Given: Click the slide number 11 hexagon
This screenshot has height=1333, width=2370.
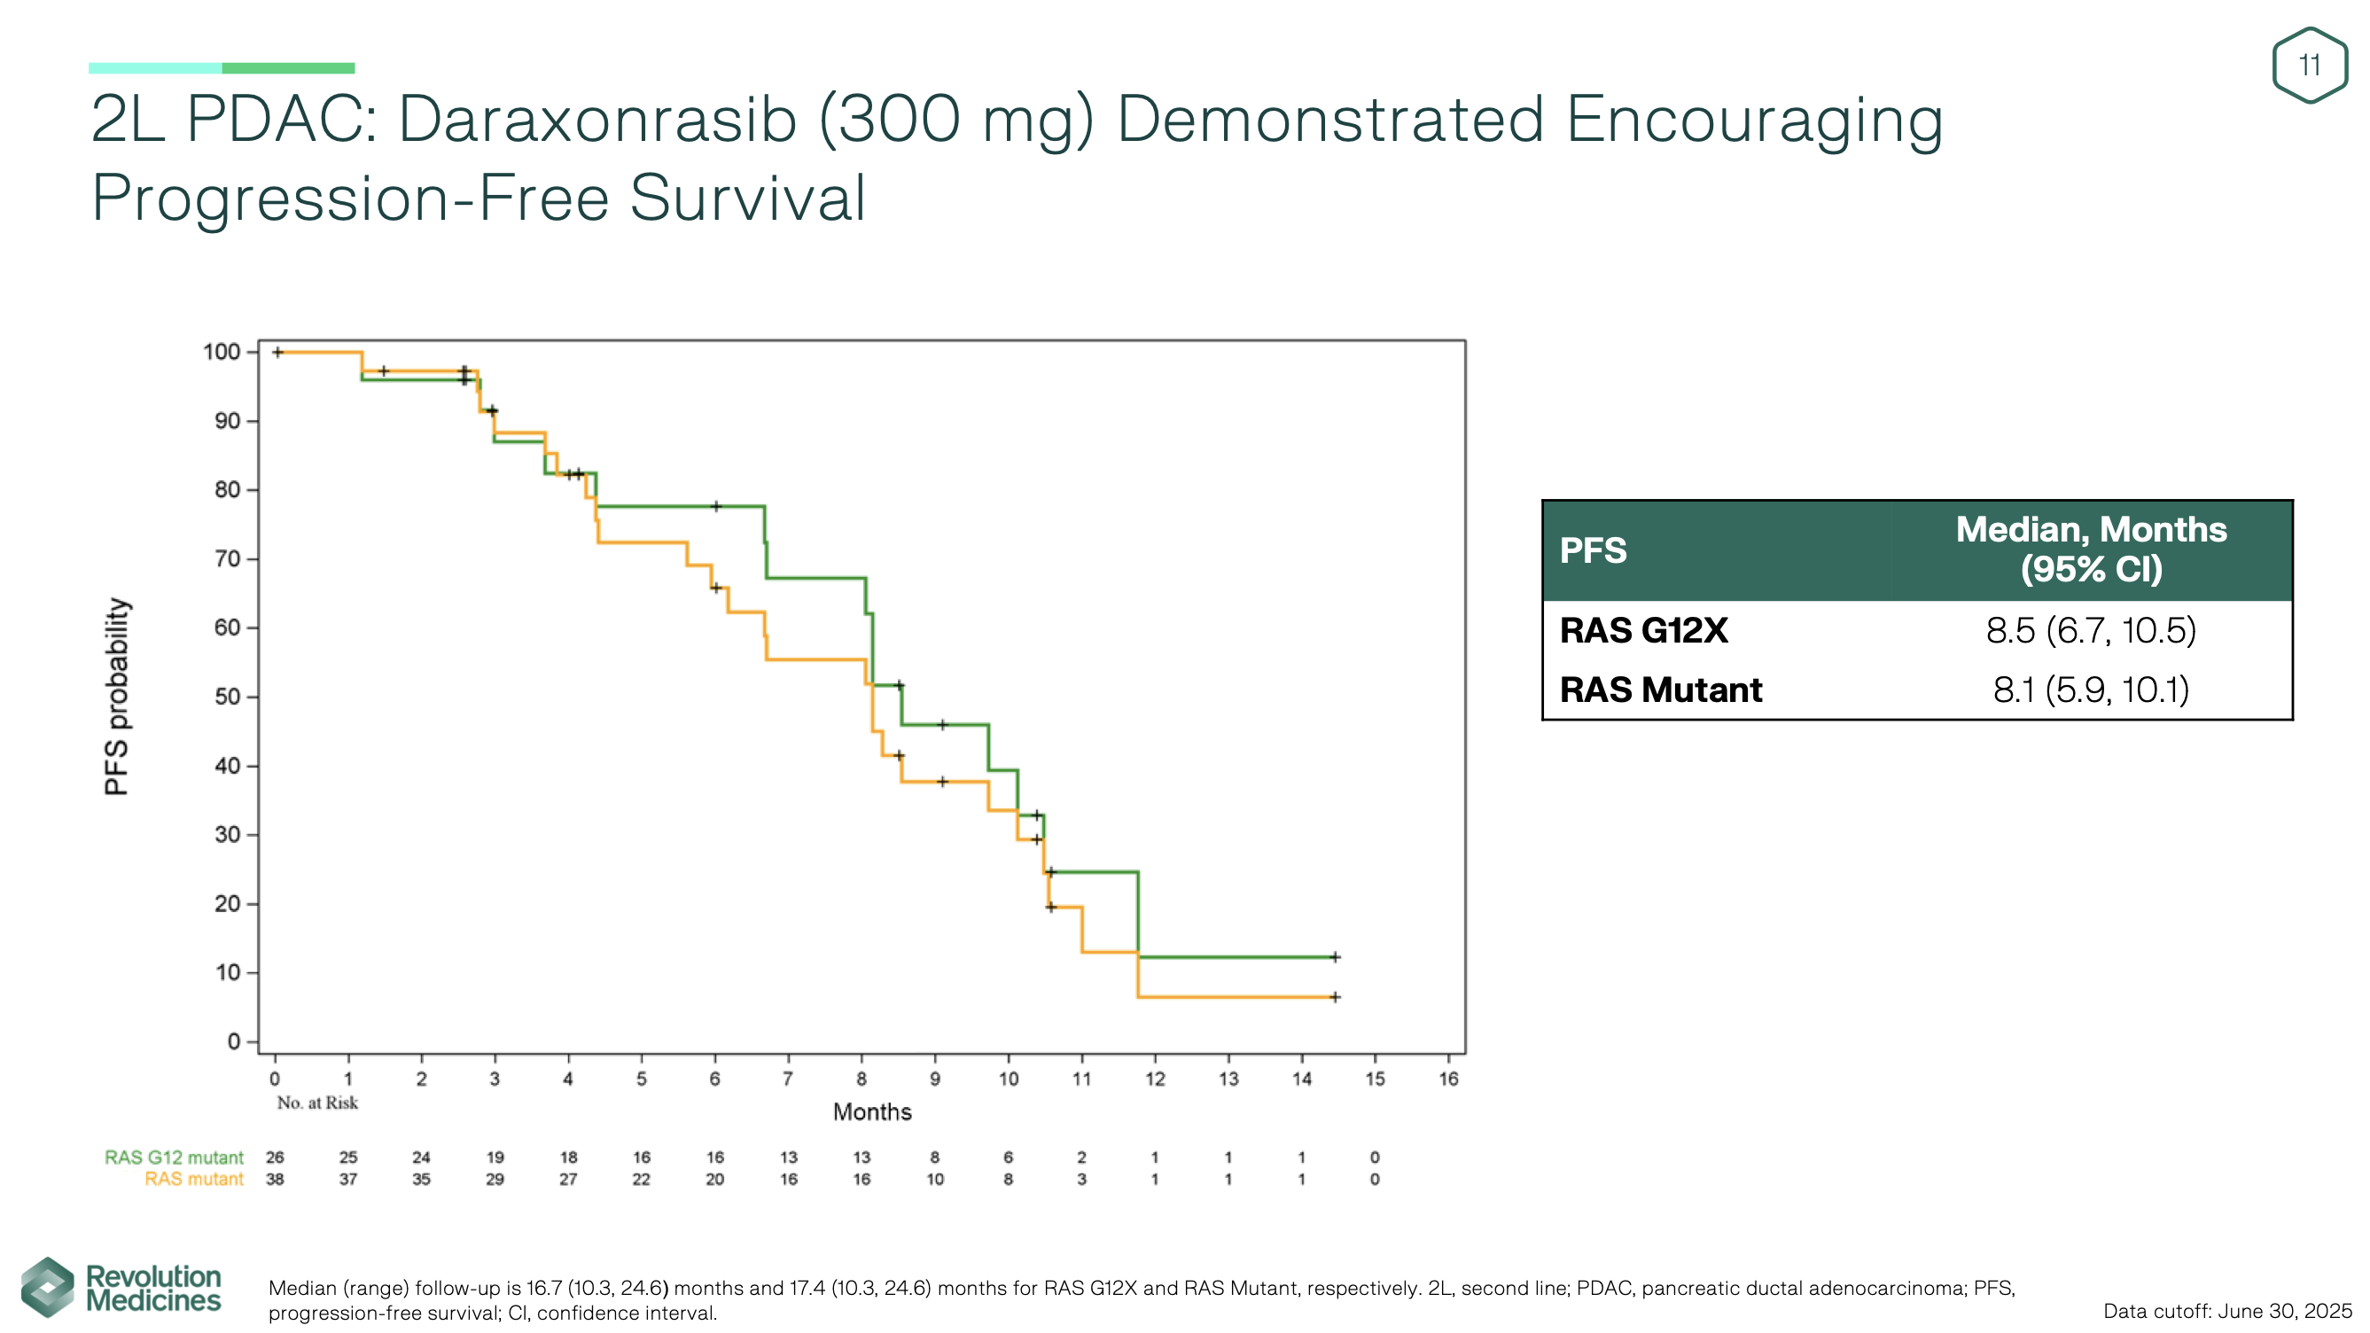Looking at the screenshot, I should coord(2308,66).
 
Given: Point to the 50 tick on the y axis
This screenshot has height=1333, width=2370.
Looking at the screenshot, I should coord(226,698).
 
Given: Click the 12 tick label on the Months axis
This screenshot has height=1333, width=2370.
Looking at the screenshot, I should coord(1155,1080).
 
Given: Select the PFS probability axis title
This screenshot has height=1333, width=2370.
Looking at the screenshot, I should coord(117,697).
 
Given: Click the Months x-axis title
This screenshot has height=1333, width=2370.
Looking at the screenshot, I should coord(871,1112).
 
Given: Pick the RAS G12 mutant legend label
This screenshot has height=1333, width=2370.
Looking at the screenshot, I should coord(174,1158).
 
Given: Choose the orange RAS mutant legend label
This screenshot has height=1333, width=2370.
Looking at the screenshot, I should coord(193,1180).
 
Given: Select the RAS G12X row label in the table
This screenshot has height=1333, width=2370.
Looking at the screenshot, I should coord(1643,631).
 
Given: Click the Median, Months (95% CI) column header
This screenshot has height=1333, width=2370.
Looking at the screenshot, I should coord(2090,550).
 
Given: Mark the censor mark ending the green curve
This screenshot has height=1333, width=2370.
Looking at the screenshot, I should coord(1335,956).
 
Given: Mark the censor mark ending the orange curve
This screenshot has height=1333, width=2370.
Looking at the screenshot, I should coord(1335,997).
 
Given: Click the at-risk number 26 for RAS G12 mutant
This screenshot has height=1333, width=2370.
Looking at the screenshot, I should coord(274,1158).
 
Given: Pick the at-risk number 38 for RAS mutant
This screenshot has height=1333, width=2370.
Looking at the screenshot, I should coord(274,1180).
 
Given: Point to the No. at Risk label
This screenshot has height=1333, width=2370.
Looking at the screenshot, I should coord(317,1103).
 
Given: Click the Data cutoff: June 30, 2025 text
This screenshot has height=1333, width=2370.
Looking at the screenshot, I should coord(2226,1311).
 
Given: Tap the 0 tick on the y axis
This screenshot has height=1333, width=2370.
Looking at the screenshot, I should coord(234,1041).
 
